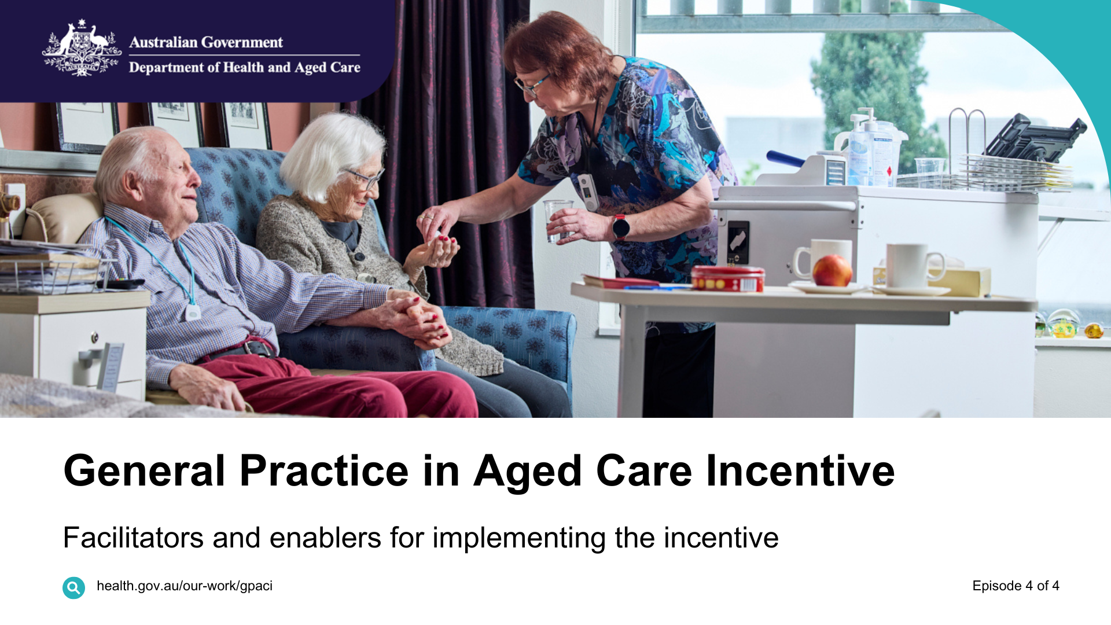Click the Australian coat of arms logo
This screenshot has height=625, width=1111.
82,49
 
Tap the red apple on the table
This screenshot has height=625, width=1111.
832,271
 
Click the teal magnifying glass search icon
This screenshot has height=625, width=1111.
73,587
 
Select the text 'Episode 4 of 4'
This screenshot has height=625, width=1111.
1016,586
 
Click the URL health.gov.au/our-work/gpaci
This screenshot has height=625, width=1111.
184,586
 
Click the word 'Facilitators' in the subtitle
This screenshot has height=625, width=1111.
133,538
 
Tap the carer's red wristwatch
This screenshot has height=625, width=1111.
620,226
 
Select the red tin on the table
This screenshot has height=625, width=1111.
728,278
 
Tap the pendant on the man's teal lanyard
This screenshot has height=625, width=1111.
193,312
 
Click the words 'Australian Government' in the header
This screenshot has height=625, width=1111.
206,42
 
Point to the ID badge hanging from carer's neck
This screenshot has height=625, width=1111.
587,191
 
